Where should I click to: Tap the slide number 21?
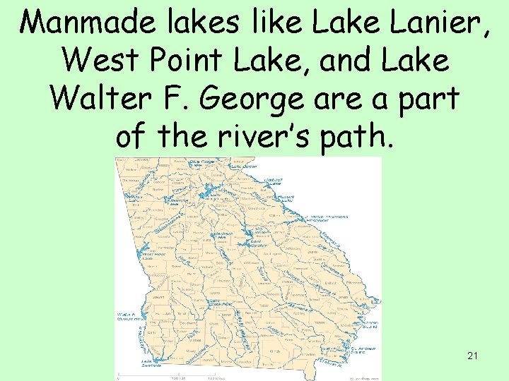(x=472, y=356)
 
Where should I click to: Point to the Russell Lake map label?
(x=287, y=198)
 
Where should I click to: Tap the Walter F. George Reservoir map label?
(x=129, y=317)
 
